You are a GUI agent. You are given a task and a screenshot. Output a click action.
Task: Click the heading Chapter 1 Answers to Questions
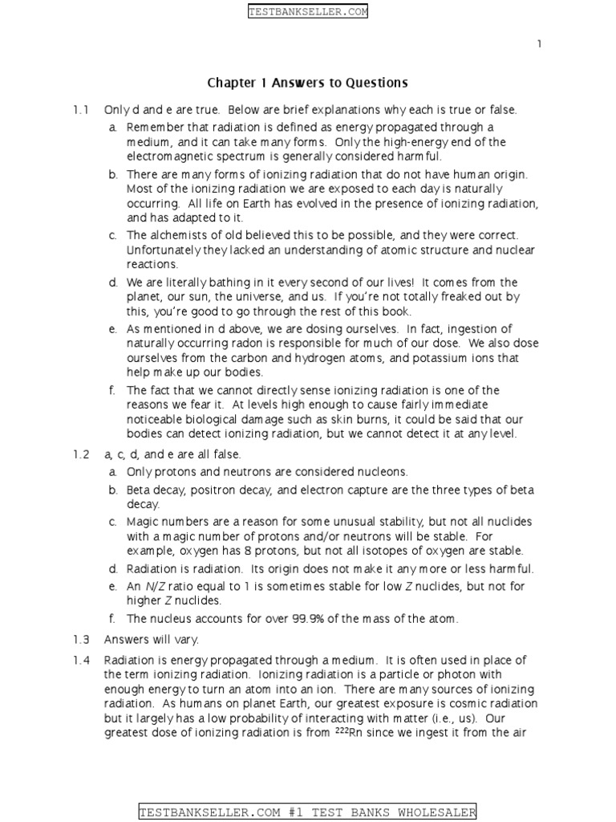point(308,83)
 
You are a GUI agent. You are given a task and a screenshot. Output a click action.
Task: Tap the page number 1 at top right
point(540,44)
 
